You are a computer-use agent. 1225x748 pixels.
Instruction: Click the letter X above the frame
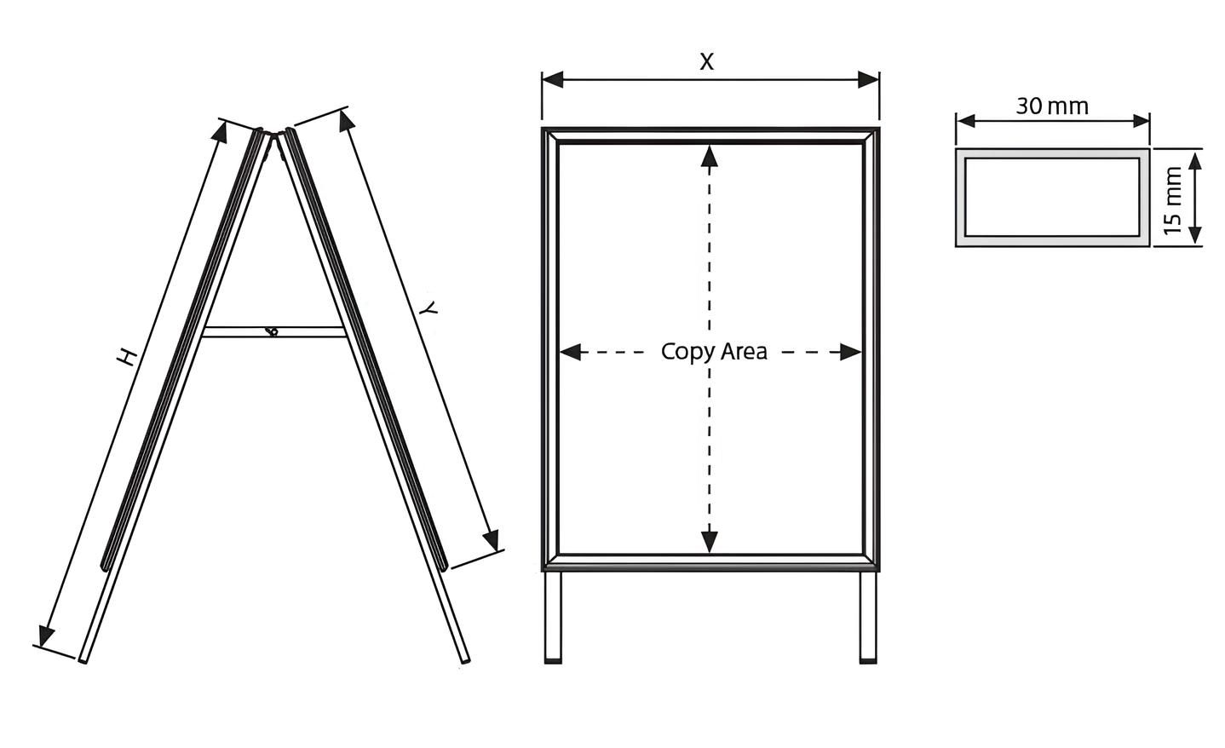pos(706,62)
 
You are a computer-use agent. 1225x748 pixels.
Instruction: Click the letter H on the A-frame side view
pos(127,356)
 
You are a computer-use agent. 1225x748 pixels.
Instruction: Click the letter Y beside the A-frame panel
pos(429,308)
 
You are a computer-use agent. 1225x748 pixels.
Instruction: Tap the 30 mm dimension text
pos(1051,106)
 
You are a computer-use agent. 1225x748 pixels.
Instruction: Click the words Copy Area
pos(714,352)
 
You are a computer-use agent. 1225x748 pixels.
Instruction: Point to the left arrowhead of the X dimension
pos(552,79)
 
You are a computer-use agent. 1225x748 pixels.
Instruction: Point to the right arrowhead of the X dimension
pos(868,79)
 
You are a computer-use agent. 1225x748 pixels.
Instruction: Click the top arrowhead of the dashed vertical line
pos(710,157)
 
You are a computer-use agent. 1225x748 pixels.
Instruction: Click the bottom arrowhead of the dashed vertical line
pos(710,541)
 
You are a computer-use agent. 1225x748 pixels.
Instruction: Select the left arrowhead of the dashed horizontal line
pos(571,352)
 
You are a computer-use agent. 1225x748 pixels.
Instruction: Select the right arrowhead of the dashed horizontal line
pos(850,352)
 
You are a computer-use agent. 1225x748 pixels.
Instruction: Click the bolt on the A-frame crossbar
pos(272,331)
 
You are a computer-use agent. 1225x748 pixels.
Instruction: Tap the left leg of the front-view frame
pos(553,618)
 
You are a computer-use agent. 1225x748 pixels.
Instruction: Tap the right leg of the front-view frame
pos(868,618)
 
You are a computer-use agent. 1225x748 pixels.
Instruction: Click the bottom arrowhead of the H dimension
pos(46,636)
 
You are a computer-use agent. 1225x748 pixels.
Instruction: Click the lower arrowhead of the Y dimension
pos(491,539)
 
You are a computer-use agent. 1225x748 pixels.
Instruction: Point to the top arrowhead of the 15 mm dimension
pos(1195,162)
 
